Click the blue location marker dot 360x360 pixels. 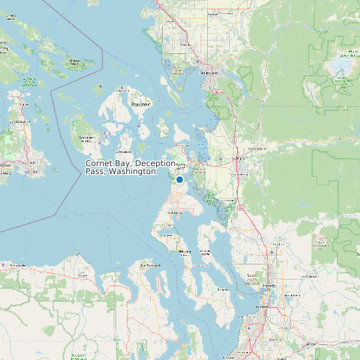179,179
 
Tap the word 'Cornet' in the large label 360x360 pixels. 98,163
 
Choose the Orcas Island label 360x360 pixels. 140,104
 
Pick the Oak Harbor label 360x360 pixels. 175,213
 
